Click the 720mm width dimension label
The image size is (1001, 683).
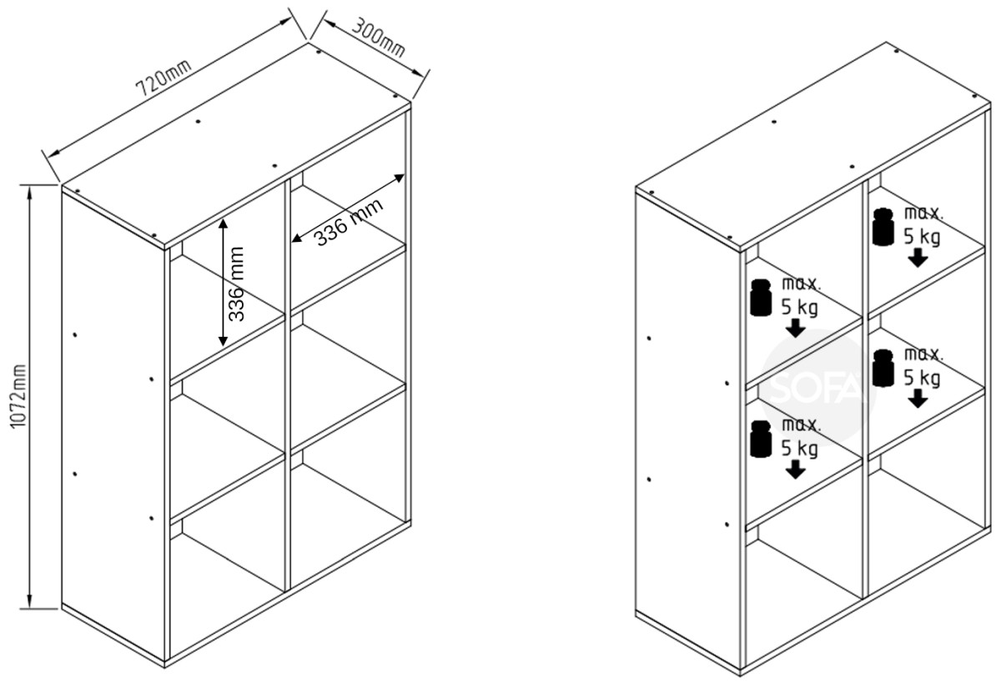tap(163, 78)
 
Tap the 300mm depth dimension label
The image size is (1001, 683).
tap(379, 38)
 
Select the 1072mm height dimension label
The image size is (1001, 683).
tap(18, 396)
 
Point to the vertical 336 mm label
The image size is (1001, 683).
tap(236, 284)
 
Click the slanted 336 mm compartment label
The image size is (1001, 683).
tap(350, 222)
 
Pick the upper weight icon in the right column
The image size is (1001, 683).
tap(883, 227)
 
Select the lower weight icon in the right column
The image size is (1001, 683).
tap(883, 368)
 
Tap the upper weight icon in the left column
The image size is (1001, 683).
tap(761, 298)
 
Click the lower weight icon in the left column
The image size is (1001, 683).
tap(761, 439)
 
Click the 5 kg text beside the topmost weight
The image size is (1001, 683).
tap(922, 237)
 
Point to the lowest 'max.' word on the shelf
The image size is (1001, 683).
tap(802, 424)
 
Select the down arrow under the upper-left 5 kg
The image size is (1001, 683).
tap(796, 328)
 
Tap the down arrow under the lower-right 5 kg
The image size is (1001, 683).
tap(918, 399)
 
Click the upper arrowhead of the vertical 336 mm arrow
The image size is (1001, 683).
tap(223, 223)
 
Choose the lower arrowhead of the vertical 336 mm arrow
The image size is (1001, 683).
tap(223, 341)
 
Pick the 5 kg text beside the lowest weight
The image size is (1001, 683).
tap(799, 449)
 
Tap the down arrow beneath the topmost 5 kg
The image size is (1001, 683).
tap(918, 258)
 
